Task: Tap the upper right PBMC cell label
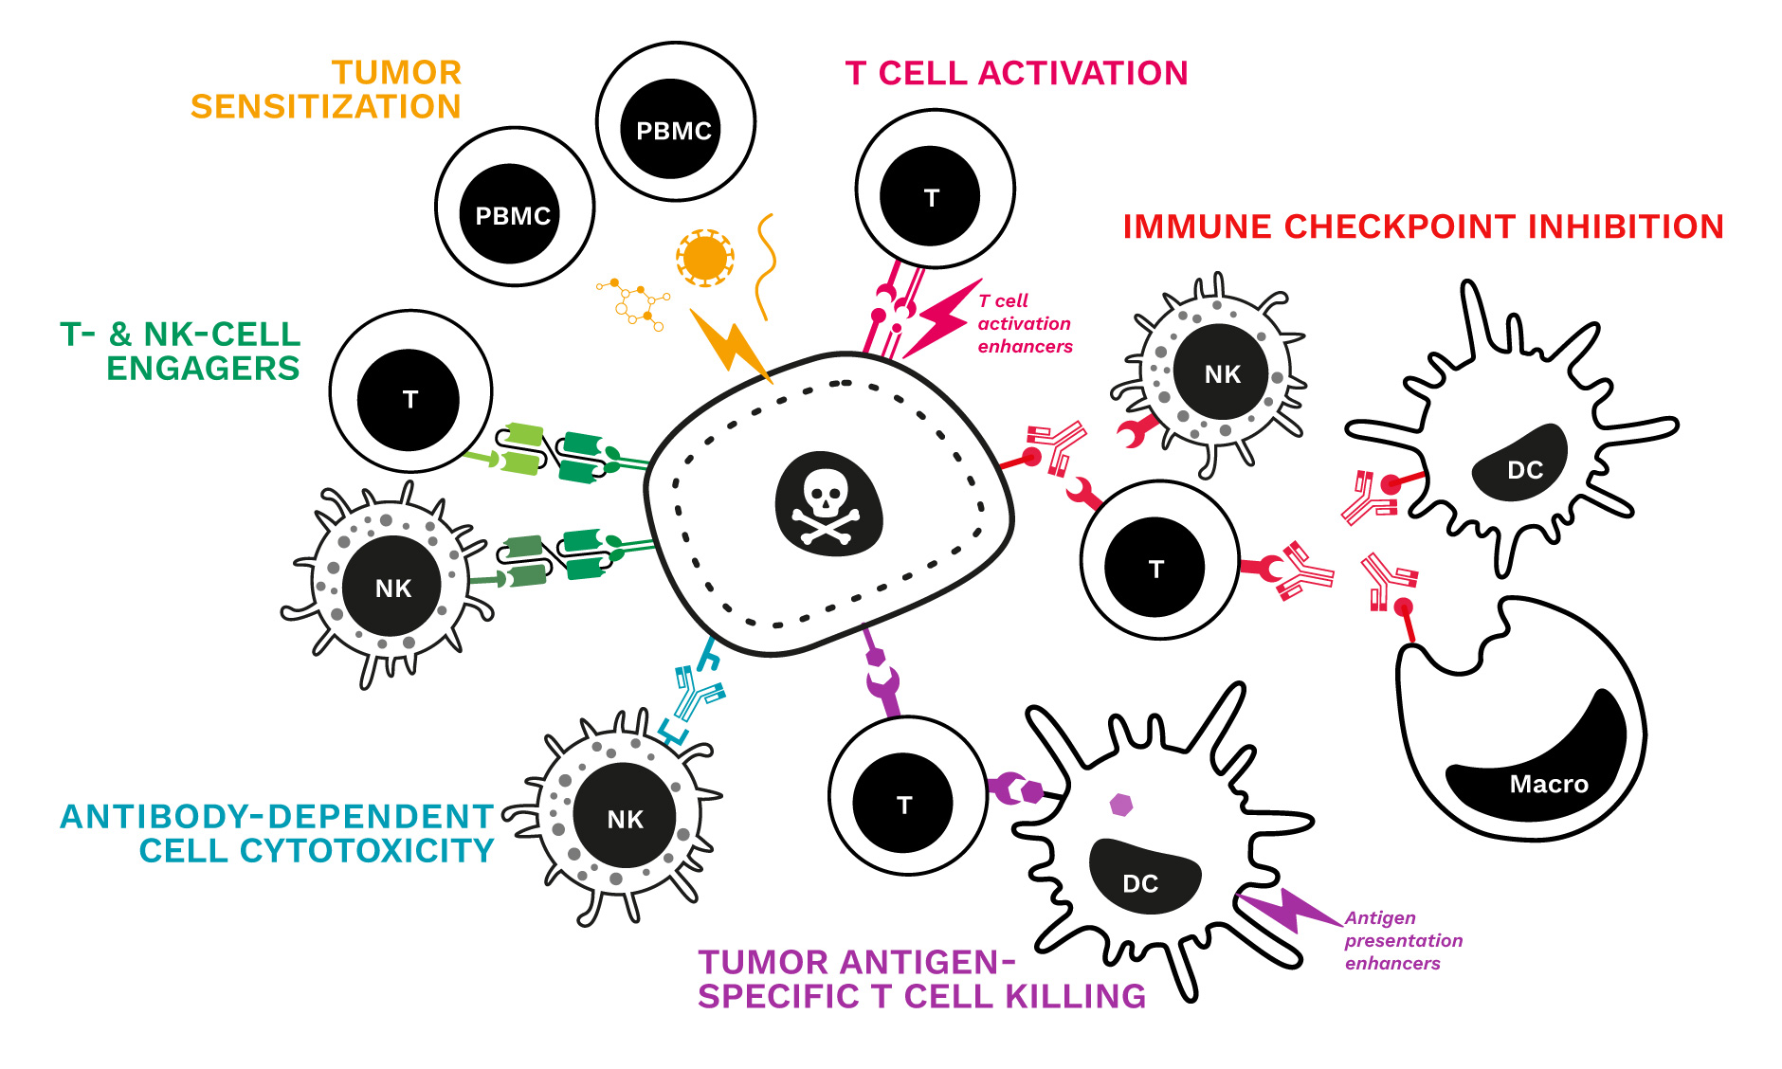[673, 131]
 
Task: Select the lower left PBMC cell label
[512, 216]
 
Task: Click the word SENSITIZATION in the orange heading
[325, 106]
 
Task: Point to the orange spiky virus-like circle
[704, 257]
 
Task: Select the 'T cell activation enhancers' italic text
[1024, 323]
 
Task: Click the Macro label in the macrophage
[1548, 784]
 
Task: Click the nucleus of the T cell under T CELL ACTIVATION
[930, 196]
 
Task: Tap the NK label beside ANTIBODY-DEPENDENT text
[625, 819]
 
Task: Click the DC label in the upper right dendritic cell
[1524, 469]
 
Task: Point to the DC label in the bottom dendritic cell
[1139, 883]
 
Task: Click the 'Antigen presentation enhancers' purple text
[1402, 940]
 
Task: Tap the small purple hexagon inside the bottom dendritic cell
[1121, 805]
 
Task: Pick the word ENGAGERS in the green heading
[203, 368]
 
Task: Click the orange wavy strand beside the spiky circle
[765, 265]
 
